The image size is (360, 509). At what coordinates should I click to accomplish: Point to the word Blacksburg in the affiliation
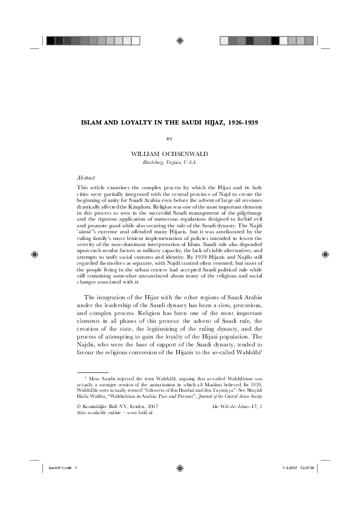pyautogui.click(x=154, y=163)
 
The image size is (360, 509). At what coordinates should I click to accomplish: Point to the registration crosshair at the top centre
pyautogui.click(x=180, y=41)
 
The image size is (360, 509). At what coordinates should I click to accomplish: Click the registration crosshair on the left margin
pyautogui.click(x=34, y=254)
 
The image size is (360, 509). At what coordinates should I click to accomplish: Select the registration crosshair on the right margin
pyautogui.click(x=326, y=254)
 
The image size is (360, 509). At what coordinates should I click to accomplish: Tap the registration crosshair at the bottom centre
pyautogui.click(x=180, y=468)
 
